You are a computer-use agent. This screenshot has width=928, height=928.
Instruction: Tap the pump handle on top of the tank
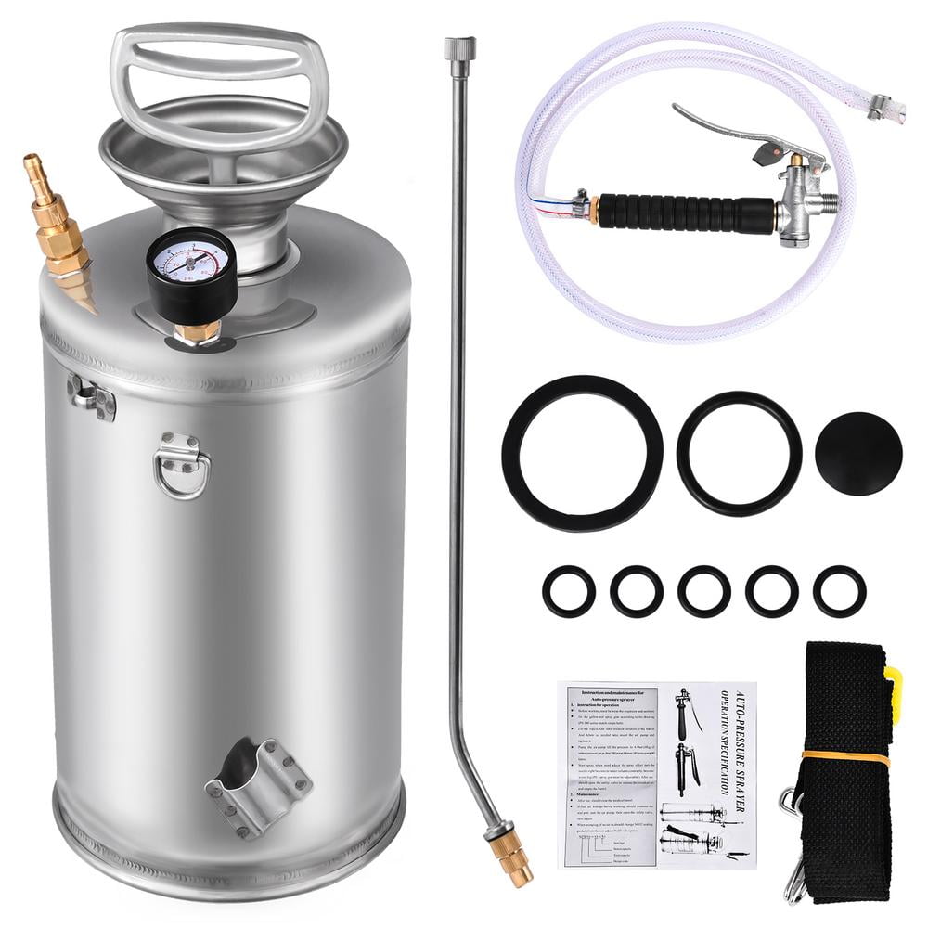(x=219, y=79)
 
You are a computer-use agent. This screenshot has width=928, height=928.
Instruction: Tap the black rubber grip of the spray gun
(x=687, y=212)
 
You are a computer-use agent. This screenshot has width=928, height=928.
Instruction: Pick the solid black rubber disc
(x=858, y=454)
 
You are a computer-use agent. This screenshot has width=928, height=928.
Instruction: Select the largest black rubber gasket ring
(x=582, y=453)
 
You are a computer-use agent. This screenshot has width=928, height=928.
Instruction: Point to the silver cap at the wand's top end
(x=459, y=55)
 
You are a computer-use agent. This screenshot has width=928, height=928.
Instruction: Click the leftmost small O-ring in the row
(x=569, y=591)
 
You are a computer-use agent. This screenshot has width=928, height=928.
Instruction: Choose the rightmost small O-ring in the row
(x=840, y=591)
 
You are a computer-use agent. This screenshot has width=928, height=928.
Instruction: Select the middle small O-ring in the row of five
(x=704, y=591)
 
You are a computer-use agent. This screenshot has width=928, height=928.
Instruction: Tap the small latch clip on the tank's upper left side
(x=92, y=396)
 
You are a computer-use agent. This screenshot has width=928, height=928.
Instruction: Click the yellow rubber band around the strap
(x=844, y=757)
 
